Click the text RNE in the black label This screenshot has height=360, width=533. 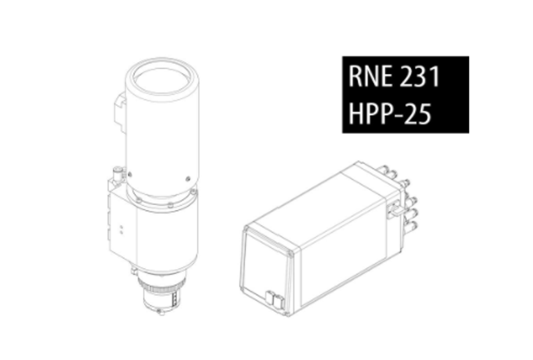click(x=371, y=76)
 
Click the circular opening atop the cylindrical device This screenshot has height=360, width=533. click(x=162, y=81)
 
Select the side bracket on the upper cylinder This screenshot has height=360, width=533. click(x=120, y=112)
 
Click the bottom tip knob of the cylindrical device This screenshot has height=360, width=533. click(x=162, y=313)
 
